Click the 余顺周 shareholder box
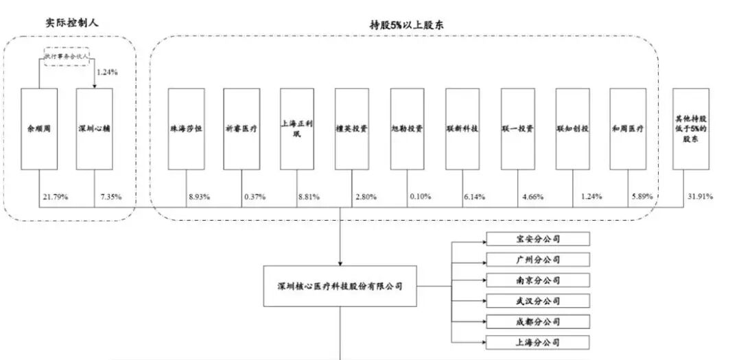click(38, 129)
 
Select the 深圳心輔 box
click(94, 129)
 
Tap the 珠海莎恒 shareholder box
click(185, 129)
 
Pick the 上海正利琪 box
click(297, 129)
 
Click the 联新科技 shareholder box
click(462, 129)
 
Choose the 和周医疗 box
click(628, 129)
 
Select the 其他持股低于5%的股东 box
click(690, 129)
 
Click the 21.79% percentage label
click(54, 197)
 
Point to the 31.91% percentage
click(699, 197)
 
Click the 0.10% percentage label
click(420, 197)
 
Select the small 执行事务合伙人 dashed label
click(68, 58)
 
